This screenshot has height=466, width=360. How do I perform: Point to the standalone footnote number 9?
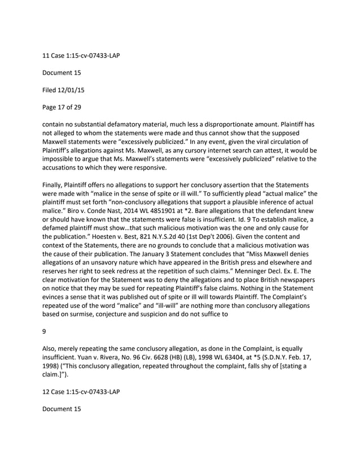45,333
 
